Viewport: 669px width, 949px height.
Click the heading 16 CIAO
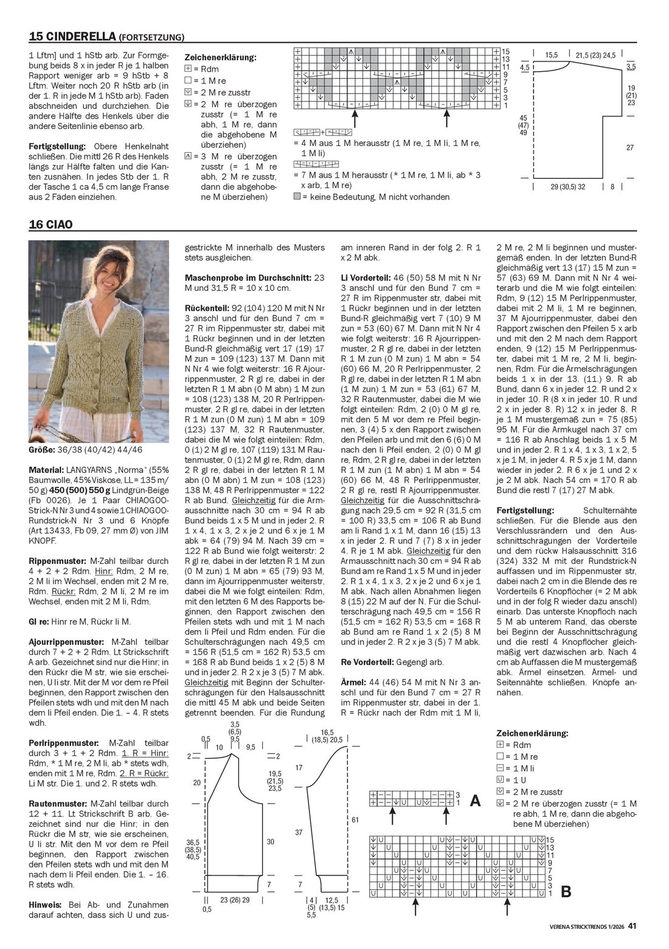click(x=50, y=224)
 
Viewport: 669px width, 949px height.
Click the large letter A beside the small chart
click(x=476, y=801)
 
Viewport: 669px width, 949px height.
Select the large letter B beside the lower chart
click(x=566, y=892)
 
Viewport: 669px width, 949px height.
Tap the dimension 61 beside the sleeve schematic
click(x=355, y=820)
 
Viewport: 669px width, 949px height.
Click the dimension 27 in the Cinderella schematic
click(x=630, y=148)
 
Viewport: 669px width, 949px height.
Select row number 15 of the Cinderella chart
click(x=505, y=52)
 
